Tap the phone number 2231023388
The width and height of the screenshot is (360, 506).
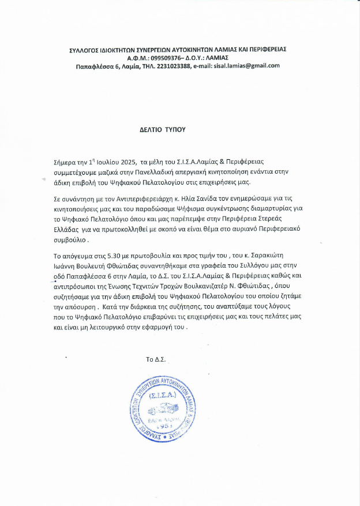pos(176,66)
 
